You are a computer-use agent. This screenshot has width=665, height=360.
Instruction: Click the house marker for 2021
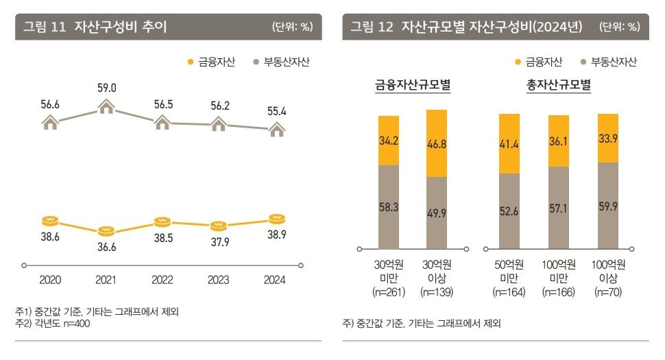click(x=106, y=107)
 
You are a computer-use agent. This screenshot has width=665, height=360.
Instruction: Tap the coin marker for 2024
click(x=276, y=219)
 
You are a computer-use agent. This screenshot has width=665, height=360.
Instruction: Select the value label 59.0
click(x=106, y=88)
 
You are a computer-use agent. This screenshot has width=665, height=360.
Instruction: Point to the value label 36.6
click(x=106, y=247)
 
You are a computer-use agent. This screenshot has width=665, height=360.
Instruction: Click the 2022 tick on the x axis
click(x=162, y=265)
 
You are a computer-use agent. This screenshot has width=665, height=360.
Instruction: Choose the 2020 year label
click(x=50, y=280)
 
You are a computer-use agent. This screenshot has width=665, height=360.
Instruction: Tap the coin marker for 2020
click(x=50, y=220)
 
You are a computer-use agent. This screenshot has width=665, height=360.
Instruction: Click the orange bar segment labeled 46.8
click(x=446, y=143)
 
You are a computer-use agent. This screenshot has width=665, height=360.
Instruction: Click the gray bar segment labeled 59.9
click(x=607, y=205)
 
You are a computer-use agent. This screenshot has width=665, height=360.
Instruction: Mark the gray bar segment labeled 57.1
click(x=559, y=207)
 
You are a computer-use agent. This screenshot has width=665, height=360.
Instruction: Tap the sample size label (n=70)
click(x=607, y=292)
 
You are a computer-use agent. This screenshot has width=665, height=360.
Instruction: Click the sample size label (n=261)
click(x=388, y=292)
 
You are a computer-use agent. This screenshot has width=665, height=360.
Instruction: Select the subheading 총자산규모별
click(x=559, y=86)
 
